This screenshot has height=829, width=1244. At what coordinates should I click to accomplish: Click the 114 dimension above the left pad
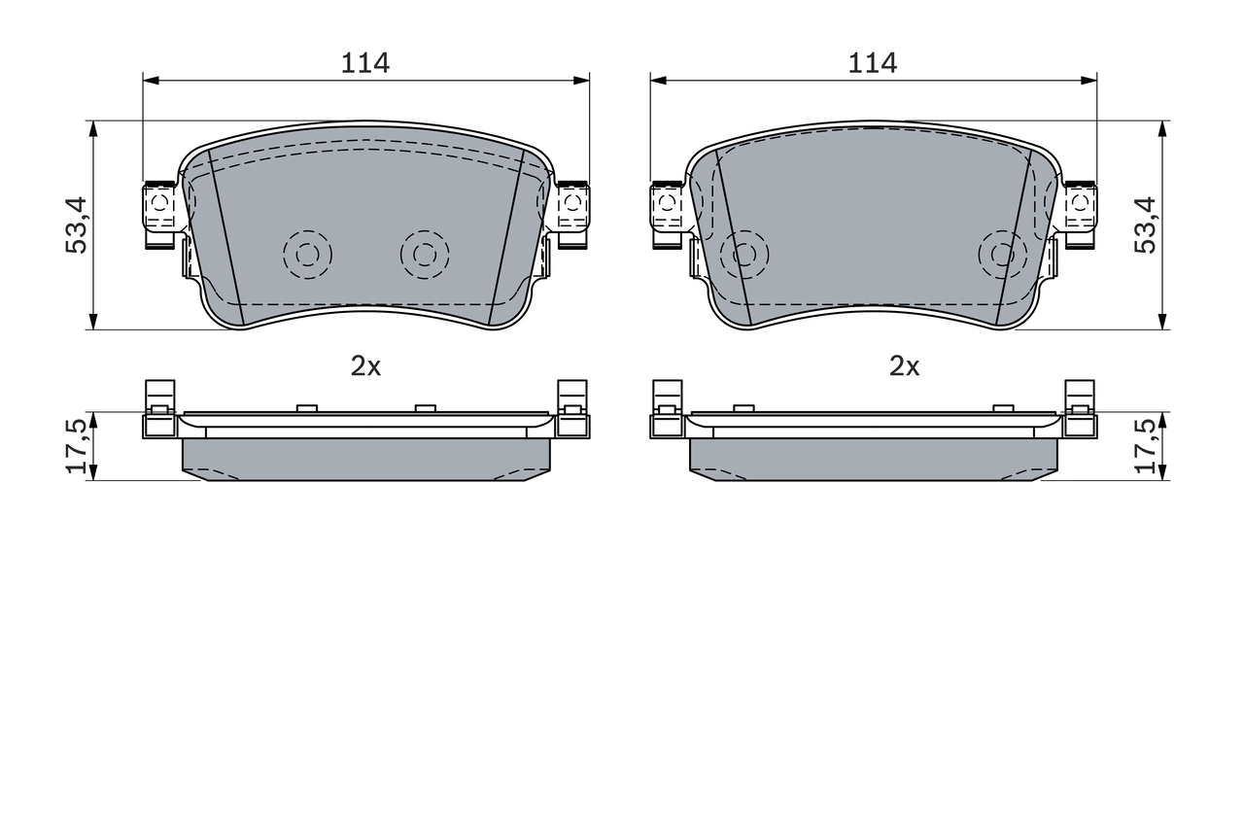[x=364, y=63]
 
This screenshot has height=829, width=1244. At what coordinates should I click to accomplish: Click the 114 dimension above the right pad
[x=872, y=63]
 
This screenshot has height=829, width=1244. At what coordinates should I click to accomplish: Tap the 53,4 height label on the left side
[x=76, y=225]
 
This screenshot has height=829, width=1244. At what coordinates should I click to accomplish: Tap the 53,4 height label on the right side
[x=1145, y=225]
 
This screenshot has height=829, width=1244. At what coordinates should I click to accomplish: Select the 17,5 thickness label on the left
[x=76, y=446]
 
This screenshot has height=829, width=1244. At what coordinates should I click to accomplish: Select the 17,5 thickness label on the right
[x=1145, y=446]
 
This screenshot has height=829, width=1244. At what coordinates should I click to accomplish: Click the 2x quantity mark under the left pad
[x=365, y=366]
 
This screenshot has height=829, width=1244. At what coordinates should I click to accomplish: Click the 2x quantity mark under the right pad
[x=904, y=366]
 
